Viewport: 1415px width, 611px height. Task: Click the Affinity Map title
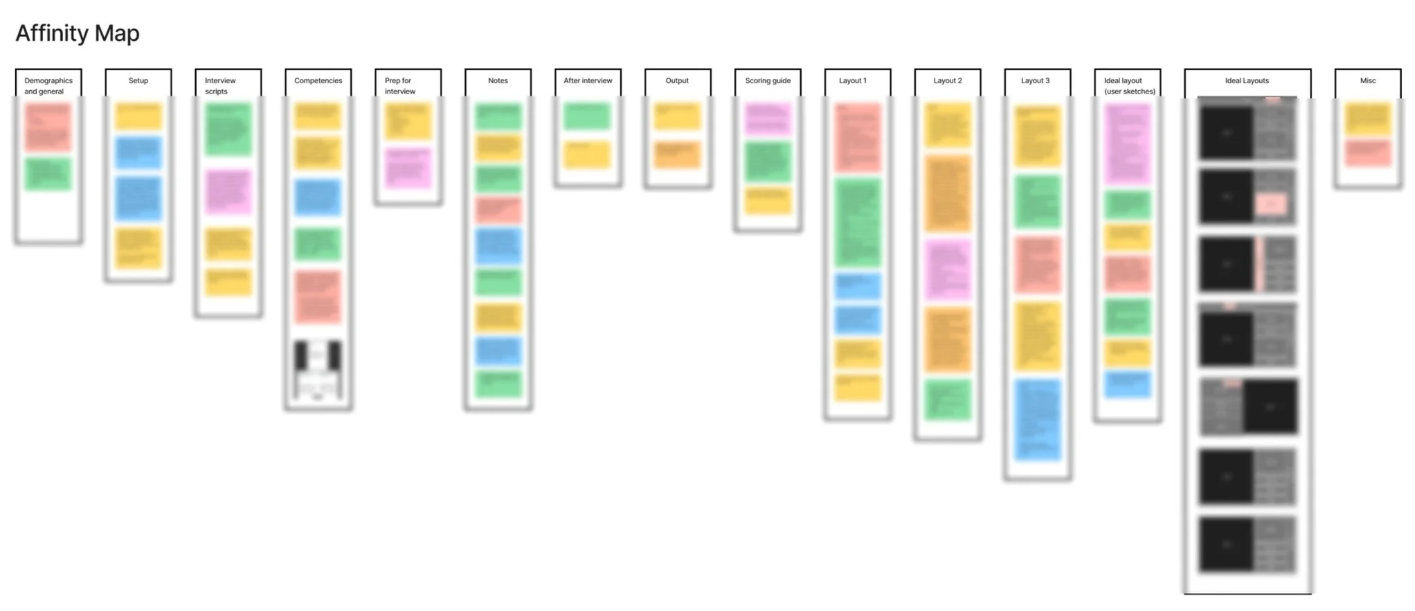(78, 33)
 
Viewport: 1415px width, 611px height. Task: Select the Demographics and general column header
(48, 85)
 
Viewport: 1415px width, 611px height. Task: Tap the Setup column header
(138, 81)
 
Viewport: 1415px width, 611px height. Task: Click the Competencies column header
(318, 81)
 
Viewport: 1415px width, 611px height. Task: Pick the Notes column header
(498, 81)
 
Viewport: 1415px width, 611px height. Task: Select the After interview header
(588, 81)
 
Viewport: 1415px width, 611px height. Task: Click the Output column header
(677, 81)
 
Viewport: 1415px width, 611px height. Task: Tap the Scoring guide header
(768, 81)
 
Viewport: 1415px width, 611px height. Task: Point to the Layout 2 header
(947, 81)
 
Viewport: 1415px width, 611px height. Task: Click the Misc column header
(1367, 81)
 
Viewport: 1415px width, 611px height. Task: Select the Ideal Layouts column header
(1247, 81)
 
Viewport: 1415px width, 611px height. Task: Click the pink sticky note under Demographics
(48, 127)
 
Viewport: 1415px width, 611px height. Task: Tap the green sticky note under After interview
(587, 116)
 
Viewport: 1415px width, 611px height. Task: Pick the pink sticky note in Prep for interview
(408, 168)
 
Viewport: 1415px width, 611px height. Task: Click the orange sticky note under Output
(678, 154)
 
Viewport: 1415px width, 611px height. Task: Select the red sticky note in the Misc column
(1368, 153)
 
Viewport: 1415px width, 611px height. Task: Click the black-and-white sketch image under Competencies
(318, 370)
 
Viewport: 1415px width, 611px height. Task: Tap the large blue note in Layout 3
(1038, 420)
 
